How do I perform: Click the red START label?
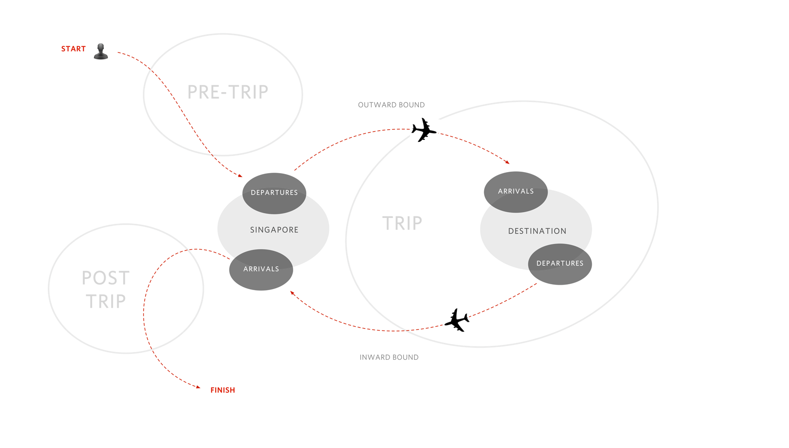73,49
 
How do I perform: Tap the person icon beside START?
101,51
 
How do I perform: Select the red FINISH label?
223,390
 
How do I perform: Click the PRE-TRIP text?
227,92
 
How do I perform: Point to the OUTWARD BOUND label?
391,105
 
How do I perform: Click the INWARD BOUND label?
389,357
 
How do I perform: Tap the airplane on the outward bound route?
423,130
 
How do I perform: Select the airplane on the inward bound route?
457,320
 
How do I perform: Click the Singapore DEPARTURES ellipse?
274,193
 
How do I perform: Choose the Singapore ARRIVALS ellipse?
261,270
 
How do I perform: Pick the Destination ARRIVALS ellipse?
516,192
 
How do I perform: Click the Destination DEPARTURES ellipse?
560,264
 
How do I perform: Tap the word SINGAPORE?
274,230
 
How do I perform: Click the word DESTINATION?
537,231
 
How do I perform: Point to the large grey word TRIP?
402,223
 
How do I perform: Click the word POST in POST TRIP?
105,278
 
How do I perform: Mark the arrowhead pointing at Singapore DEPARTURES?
240,175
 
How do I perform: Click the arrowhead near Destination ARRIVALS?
507,162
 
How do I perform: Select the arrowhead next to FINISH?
198,388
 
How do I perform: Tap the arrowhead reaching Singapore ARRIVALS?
292,292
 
